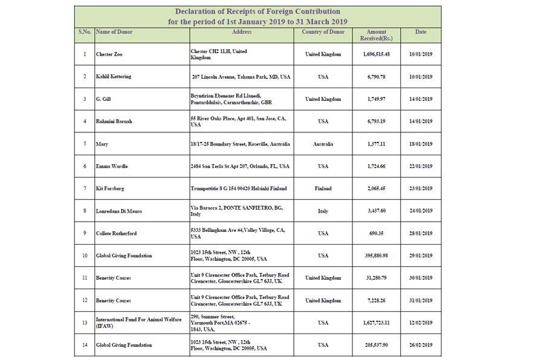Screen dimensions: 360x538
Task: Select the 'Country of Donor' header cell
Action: [x=323, y=32]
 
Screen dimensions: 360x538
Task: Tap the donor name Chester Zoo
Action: [x=109, y=54]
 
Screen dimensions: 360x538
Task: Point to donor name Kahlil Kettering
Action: [x=114, y=77]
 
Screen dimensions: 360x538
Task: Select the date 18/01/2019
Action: [x=421, y=144]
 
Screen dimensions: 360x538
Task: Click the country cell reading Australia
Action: [x=323, y=144]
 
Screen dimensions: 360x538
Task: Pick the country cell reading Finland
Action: [x=323, y=188]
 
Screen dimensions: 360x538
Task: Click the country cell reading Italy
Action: [x=323, y=211]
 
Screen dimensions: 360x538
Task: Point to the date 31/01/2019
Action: [x=421, y=300]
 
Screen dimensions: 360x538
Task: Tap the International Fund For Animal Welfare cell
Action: [x=138, y=323]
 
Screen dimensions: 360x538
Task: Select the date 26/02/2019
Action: [x=421, y=345]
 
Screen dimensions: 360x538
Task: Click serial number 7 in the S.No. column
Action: [x=85, y=188]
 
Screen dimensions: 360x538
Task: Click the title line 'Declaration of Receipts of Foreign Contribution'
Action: [x=258, y=11]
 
